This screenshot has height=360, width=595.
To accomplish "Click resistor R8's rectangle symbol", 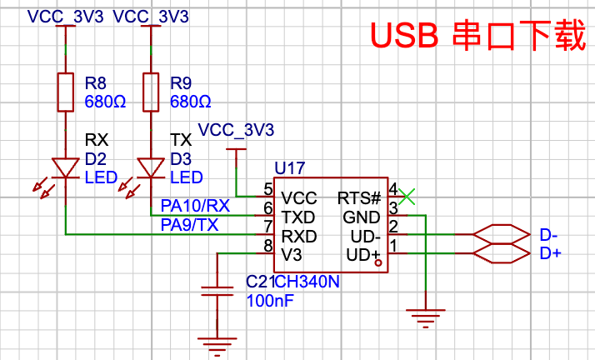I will coord(66,92).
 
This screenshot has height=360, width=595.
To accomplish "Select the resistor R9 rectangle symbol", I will coord(150,92).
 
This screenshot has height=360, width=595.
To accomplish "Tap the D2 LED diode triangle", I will coord(66,167).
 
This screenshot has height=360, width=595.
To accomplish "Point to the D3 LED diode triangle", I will coord(150,167).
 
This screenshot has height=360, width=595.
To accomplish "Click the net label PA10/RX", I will coord(194,205).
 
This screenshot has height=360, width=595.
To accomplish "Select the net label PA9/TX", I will coord(189,224).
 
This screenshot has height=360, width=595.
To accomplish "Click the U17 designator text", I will coord(291,168).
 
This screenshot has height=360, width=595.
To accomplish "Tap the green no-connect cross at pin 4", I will coord(406,197).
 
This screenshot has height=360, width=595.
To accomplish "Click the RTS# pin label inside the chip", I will coord(359,198).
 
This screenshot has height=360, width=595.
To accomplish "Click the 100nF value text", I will coord(270,301).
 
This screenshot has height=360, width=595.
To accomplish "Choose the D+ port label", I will coord(551,252).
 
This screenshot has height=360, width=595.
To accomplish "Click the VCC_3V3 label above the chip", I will coord(236,131).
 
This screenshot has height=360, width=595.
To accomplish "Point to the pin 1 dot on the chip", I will coord(379,263).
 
